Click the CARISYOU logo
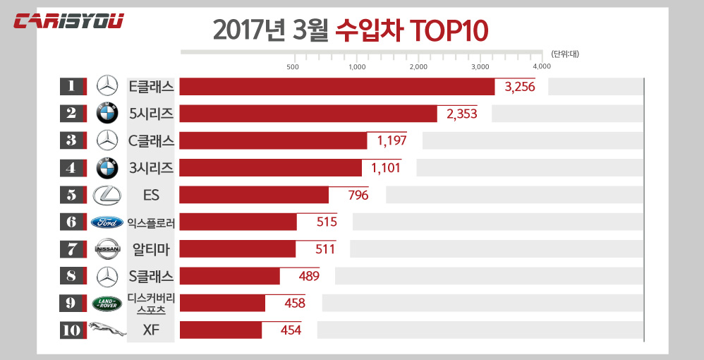click(69, 21)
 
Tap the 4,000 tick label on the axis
click(542, 66)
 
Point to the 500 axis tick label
click(293, 66)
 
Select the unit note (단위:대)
click(564, 54)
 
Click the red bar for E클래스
click(337, 86)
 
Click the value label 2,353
click(462, 114)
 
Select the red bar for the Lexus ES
click(254, 195)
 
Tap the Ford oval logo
click(107, 222)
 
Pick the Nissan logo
click(107, 249)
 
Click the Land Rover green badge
click(107, 304)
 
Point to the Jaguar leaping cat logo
click(107, 330)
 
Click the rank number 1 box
click(72, 86)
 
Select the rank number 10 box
click(72, 330)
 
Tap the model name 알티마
click(151, 249)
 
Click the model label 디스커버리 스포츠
click(151, 304)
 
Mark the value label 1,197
click(393, 140)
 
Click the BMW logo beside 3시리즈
click(107, 168)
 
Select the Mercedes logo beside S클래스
click(107, 276)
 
